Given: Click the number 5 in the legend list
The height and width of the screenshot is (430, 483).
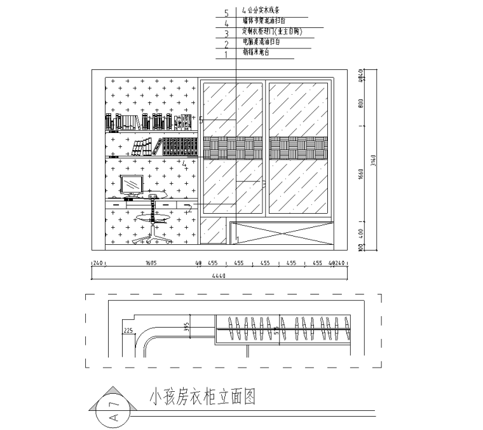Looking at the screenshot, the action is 226,11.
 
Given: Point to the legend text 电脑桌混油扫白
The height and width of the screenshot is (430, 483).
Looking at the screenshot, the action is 261,42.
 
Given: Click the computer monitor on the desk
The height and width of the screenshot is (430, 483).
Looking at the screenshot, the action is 132,185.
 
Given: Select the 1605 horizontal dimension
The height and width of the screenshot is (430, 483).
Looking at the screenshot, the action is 151,262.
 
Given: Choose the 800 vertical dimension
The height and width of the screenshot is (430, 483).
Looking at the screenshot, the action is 360,104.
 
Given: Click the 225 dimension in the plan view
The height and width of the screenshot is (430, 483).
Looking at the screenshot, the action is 128,330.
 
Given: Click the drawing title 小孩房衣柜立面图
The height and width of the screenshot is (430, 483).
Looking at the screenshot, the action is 202,398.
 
